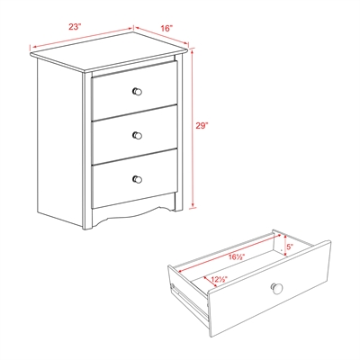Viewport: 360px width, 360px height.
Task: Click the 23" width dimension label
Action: pyautogui.click(x=76, y=27)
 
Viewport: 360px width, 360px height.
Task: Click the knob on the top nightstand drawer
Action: pyautogui.click(x=138, y=91)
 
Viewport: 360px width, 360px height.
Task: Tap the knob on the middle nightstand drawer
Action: pyautogui.click(x=138, y=135)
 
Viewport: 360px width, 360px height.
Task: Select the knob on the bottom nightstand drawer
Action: pyautogui.click(x=138, y=178)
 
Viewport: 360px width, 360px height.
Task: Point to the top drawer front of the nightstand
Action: pyautogui.click(x=135, y=93)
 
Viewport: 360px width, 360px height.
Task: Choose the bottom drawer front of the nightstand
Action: pyautogui.click(x=135, y=180)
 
